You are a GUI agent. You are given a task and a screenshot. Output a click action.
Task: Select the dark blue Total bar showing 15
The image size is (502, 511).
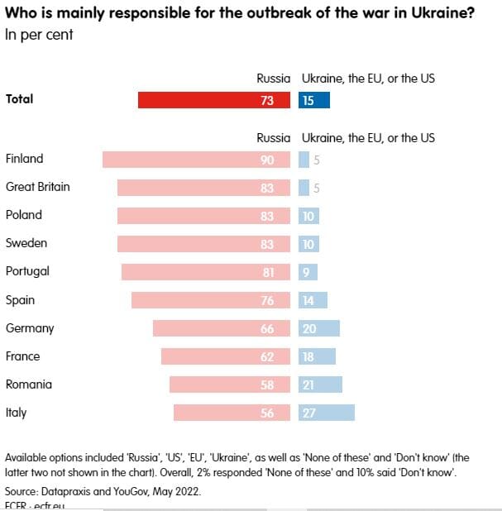pos(314,100)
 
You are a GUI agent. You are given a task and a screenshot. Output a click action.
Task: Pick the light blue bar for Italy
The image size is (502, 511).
pos(327,413)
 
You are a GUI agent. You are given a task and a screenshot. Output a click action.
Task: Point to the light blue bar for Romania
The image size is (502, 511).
pos(320,384)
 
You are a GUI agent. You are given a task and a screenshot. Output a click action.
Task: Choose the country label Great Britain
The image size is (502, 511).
pos(38,187)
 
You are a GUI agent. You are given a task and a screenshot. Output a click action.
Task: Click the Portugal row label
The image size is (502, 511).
pos(27,271)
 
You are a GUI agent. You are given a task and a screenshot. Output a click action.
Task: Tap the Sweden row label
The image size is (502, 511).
pos(26,243)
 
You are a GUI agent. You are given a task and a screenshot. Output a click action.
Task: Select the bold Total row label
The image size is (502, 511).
pos(20,99)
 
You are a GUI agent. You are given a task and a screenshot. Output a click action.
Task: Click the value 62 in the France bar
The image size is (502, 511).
pos(267,356)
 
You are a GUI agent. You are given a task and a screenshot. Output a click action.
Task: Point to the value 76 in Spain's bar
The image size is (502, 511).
pos(267,300)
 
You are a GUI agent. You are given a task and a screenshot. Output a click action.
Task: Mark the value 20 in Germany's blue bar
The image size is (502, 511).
pos(308,328)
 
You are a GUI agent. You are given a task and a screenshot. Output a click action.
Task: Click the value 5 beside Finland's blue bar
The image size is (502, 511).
pos(316,160)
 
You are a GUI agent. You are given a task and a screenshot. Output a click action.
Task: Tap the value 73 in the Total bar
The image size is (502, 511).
pos(267,100)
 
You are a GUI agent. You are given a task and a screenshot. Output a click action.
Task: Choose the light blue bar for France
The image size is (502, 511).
pos(317,356)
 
